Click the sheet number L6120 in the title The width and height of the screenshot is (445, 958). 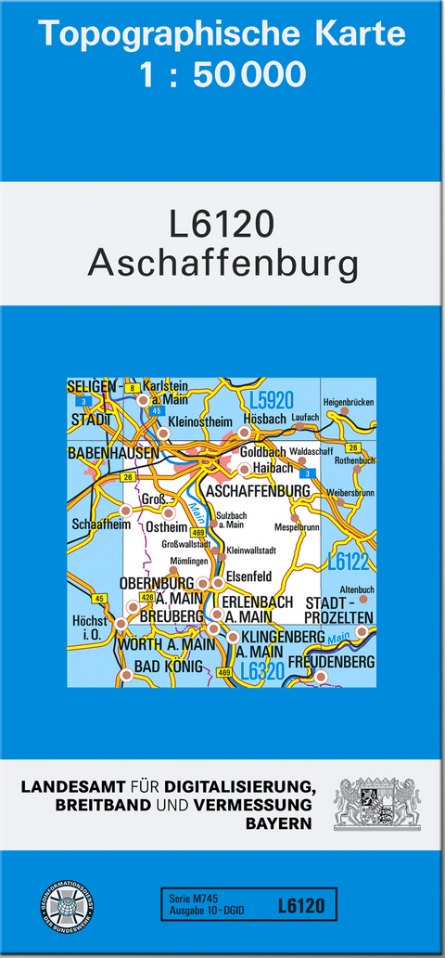pos(222,226)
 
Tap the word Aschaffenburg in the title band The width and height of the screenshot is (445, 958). pos(222,264)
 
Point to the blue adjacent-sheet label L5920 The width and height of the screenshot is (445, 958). pos(271,401)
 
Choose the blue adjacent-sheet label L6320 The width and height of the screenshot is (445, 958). pos(261,670)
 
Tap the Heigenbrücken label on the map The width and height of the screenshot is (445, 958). pos(348,401)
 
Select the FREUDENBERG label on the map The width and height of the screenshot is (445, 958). pos(331,662)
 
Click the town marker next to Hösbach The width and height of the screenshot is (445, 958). pos(245,433)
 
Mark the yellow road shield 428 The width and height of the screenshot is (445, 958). pos(146,598)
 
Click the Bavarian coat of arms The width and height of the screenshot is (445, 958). pos(376,804)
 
